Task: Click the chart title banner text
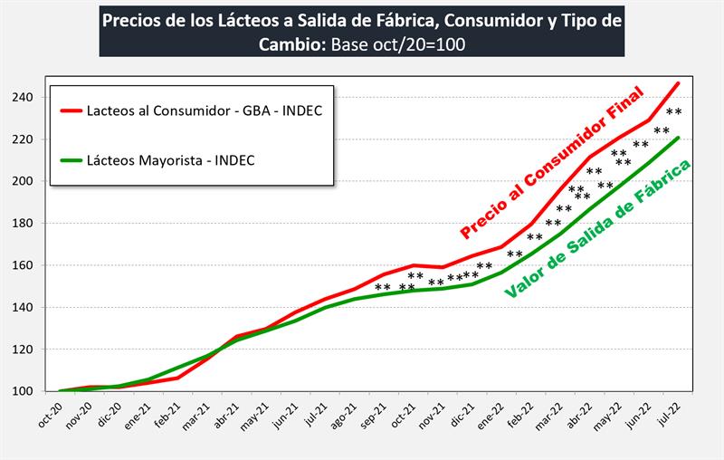361,32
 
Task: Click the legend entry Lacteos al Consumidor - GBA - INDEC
205,111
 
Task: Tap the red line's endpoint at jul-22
679,83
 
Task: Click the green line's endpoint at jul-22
679,138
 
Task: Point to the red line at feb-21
177,378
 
